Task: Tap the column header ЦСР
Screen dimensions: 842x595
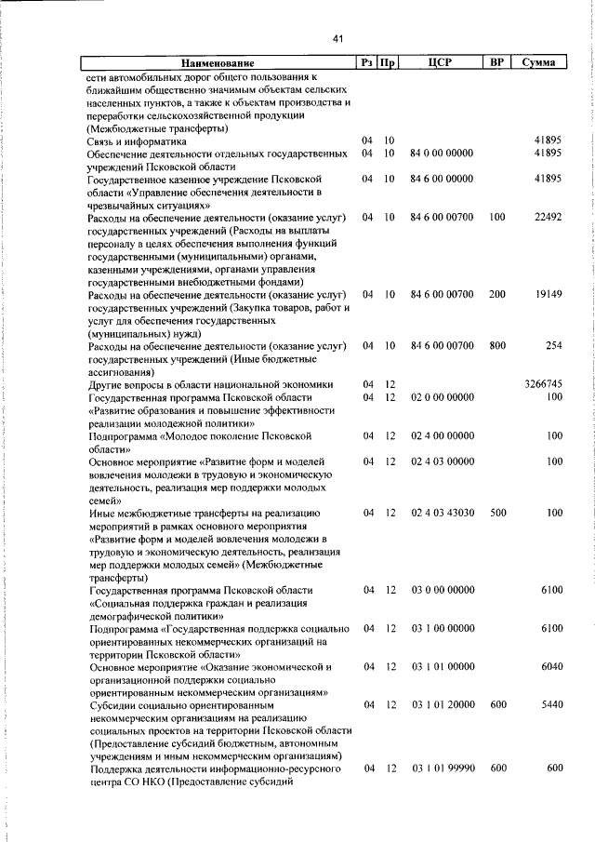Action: pyautogui.click(x=441, y=63)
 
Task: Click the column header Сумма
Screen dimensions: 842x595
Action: pyautogui.click(x=539, y=63)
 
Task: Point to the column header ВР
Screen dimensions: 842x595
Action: pyautogui.click(x=496, y=63)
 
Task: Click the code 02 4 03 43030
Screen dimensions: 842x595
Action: pyautogui.click(x=442, y=513)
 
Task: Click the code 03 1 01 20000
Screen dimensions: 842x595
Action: pyautogui.click(x=442, y=705)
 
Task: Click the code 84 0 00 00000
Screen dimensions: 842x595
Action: pyautogui.click(x=442, y=154)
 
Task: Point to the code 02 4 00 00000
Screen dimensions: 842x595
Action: pyautogui.click(x=442, y=435)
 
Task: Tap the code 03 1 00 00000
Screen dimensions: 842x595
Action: pyautogui.click(x=442, y=629)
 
